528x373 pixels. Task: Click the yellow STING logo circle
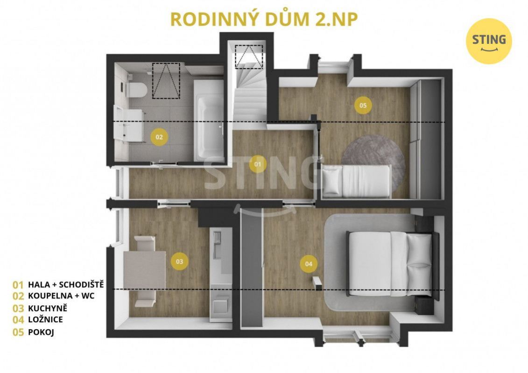click(489, 41)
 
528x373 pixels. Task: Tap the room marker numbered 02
click(159, 137)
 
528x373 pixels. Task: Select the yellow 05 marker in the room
click(363, 106)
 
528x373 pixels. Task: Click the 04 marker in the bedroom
click(309, 264)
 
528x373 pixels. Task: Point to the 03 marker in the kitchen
click(179, 261)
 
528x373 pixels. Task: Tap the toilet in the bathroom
click(137, 90)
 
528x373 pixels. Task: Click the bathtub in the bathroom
click(209, 120)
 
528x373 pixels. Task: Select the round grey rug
click(373, 160)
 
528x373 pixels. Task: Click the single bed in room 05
click(357, 181)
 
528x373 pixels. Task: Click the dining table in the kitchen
click(144, 270)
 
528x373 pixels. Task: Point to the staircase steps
click(249, 91)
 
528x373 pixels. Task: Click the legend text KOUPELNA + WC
click(61, 296)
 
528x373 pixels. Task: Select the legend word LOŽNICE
click(45, 319)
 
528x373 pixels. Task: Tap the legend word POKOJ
click(41, 332)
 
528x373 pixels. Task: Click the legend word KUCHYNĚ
click(48, 308)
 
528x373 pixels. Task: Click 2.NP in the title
click(337, 19)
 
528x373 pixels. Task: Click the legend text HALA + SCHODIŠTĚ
click(66, 284)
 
